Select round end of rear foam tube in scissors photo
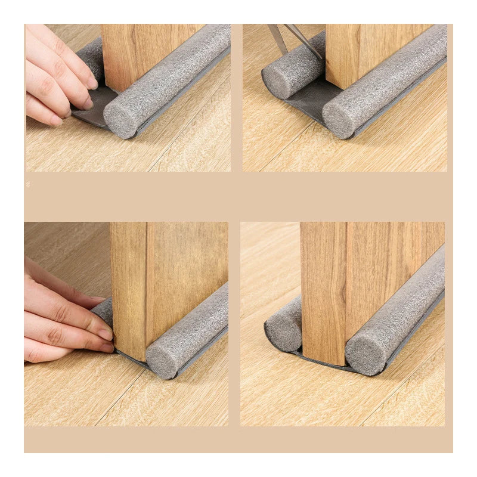pos(278,80)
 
